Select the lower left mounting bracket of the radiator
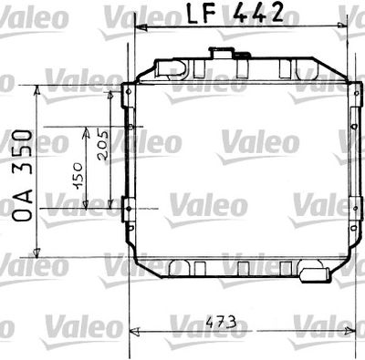[x=128, y=207]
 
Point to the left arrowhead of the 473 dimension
[x=137, y=330]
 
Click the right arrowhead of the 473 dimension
[x=349, y=330]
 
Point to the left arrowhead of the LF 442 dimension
[x=139, y=27]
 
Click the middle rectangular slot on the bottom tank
[x=243, y=268]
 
